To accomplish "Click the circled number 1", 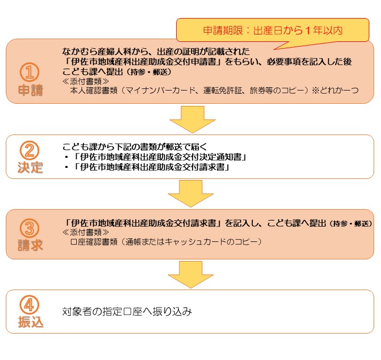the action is (30, 72).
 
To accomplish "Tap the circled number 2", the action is (30, 150).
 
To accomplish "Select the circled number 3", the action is (30, 228).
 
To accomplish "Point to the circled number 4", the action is (30, 305).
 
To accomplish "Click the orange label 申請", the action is (31, 90).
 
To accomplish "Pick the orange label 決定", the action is (30, 167).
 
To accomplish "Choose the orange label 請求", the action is (30, 245).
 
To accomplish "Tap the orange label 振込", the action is (31, 322).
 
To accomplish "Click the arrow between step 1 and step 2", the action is (193, 120).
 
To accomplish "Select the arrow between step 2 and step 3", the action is (190, 194).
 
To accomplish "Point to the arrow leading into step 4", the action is (190, 275).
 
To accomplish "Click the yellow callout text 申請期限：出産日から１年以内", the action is (273, 30).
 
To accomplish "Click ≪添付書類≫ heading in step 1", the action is (86, 81).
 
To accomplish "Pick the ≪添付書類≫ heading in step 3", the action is (86, 232).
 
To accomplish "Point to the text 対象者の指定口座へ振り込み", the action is (127, 311).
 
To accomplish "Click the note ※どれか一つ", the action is (335, 91).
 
